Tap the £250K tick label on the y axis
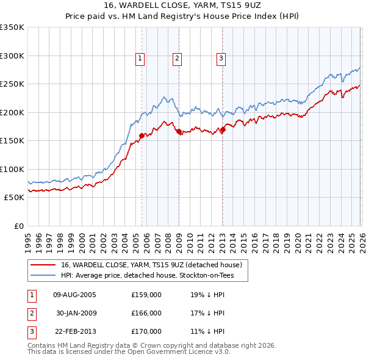coord(12,84)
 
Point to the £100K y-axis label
coord(12,169)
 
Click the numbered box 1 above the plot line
coord(140,59)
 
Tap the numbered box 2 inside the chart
coord(177,59)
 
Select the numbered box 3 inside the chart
coord(220,59)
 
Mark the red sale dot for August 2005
coord(142,135)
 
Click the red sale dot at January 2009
coord(179,131)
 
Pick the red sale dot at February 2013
coord(223,129)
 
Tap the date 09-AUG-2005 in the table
coord(75,295)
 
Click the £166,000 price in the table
coord(146,313)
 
